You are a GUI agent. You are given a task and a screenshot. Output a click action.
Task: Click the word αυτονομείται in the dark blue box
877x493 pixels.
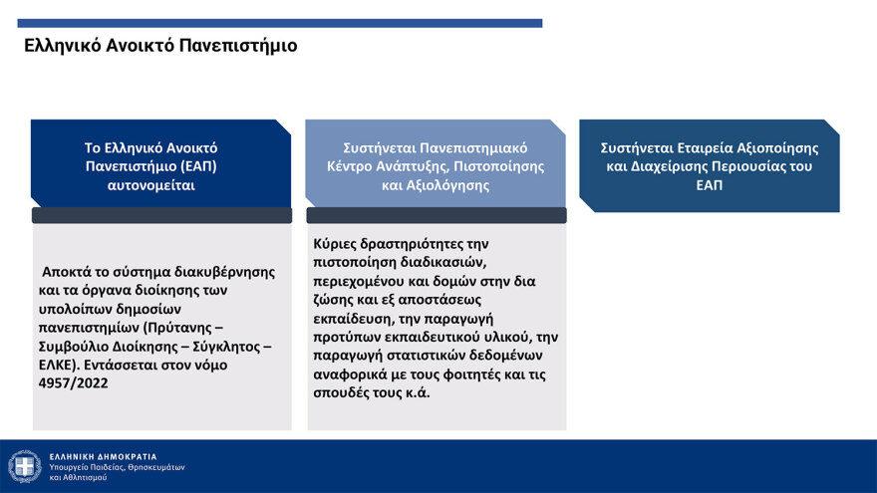click(x=161, y=185)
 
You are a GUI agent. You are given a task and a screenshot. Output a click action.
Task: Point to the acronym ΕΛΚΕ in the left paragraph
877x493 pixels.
click(x=59, y=365)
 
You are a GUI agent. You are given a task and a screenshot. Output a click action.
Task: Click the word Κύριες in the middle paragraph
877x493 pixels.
click(x=334, y=243)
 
